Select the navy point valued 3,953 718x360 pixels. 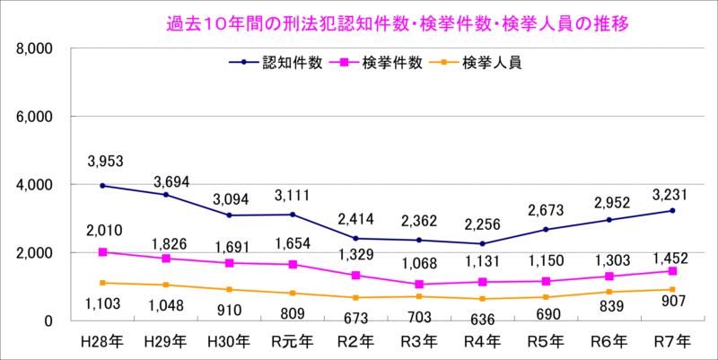[103, 186]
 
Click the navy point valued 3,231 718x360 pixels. [672, 211]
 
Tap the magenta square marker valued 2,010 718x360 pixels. [103, 252]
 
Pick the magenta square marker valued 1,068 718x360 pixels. [420, 285]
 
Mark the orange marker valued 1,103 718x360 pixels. [103, 283]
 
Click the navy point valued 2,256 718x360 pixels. [482, 243]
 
